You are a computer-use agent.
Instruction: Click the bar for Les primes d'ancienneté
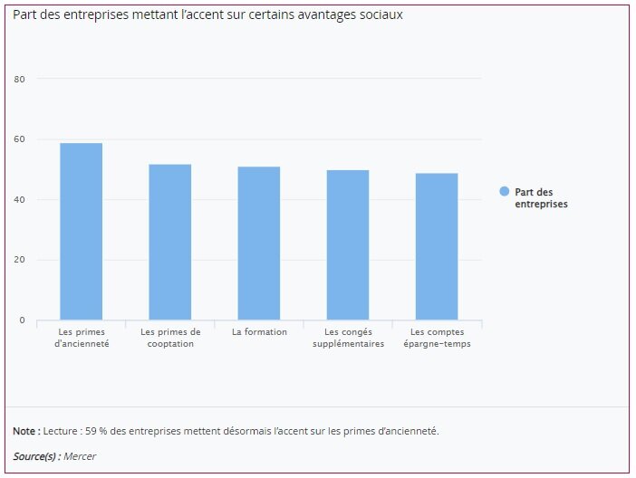pos(81,232)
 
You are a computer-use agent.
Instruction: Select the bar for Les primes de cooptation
pos(170,242)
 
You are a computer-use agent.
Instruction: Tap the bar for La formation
pos(259,244)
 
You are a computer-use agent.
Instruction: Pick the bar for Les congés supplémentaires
pos(348,245)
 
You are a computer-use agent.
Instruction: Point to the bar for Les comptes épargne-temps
pos(437,246)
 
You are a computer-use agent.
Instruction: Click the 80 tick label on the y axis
pos(19,79)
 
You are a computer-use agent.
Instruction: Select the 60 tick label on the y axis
pos(19,139)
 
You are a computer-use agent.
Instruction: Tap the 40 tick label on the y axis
pos(19,199)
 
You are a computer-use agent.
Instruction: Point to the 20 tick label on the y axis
pos(19,260)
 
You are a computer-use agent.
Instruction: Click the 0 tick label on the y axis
pos(21,320)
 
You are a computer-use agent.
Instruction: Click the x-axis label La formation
pos(259,332)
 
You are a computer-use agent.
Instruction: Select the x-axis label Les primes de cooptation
pos(170,338)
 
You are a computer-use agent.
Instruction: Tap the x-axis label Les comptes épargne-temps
pos(437,338)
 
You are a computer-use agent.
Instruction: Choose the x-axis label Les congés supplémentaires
pos(348,338)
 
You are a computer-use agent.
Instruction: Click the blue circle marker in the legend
pos(505,192)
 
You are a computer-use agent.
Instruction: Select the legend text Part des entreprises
pos(541,198)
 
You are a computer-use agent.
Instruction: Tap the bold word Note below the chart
pos(24,431)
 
